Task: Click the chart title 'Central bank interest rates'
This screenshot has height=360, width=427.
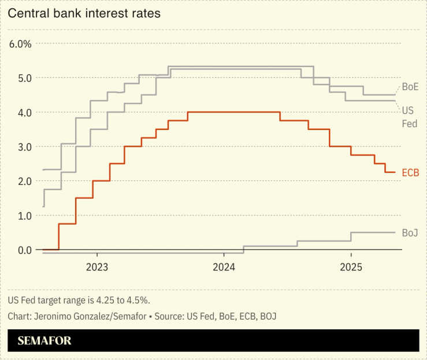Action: tap(84, 12)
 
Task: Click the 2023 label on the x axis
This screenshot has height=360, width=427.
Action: tap(96, 268)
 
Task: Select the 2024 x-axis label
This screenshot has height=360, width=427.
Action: tap(224, 268)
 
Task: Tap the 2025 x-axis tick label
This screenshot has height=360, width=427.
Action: tap(351, 268)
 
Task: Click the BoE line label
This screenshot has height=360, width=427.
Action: tap(410, 87)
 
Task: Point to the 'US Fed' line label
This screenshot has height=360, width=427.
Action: tap(409, 117)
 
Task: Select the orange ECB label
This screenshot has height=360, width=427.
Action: tap(410, 173)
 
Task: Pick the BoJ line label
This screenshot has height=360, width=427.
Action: tap(410, 233)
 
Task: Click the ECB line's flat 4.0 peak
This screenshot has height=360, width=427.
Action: tap(234, 112)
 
